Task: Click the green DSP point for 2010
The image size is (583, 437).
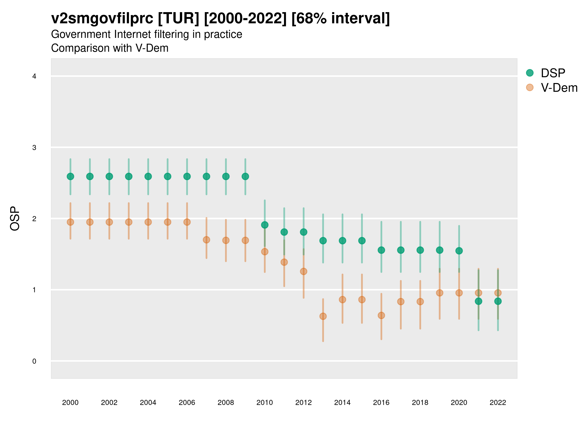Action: (265, 225)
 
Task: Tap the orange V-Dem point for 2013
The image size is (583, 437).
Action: (323, 316)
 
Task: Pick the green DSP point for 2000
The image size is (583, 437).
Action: (70, 176)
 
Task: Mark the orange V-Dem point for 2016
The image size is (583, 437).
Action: (381, 315)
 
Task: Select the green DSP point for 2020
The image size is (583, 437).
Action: (459, 251)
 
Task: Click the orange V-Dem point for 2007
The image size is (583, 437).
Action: (206, 240)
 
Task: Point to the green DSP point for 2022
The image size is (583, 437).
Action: (498, 301)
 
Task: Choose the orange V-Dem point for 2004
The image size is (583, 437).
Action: (148, 222)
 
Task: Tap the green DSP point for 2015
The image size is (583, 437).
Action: (362, 241)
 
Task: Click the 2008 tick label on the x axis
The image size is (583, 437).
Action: (226, 403)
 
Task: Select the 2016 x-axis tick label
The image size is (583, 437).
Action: (381, 403)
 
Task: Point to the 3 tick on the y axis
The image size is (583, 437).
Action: (34, 148)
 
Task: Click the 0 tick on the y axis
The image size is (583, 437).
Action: (34, 361)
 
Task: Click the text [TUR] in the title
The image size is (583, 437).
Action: (179, 18)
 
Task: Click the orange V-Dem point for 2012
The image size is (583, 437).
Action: (304, 271)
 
